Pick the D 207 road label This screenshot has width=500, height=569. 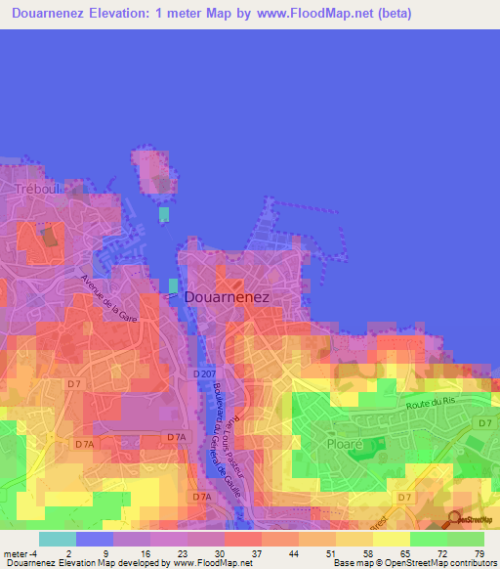[x=204, y=373]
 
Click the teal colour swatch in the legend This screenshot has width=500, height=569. [x=58, y=539]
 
